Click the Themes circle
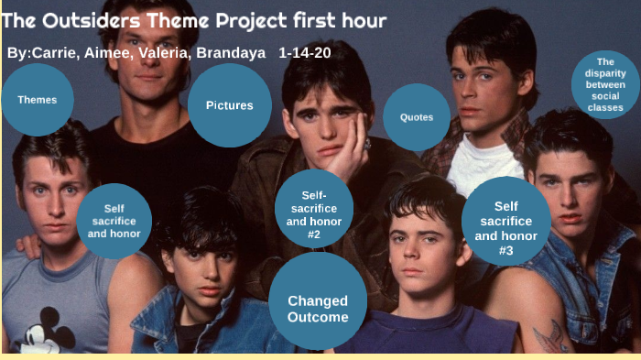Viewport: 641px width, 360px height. point(37,100)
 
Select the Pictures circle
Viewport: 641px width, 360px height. point(229,105)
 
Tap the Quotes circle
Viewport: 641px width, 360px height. point(416,117)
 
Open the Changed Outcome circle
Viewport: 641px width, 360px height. point(318,309)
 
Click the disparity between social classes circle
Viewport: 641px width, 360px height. point(604,84)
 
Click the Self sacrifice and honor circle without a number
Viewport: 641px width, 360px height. point(114,222)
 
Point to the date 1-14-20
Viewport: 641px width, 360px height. point(305,53)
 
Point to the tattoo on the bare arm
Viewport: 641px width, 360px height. point(552,337)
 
